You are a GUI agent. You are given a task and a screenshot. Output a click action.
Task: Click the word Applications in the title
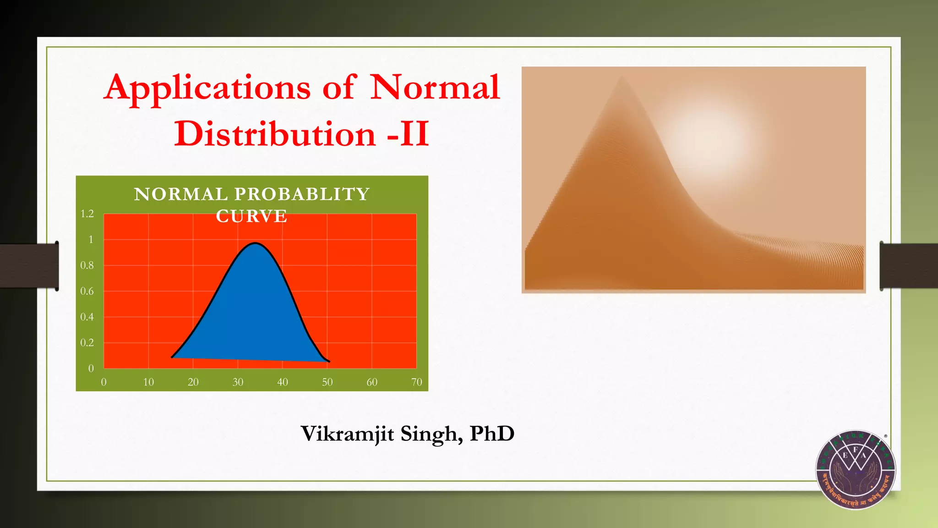tap(207, 88)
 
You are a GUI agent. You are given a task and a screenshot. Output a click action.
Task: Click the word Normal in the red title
tap(434, 87)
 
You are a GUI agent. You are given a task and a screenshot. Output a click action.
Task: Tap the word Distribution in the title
tap(275, 134)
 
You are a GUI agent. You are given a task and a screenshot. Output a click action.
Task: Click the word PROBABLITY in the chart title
tap(302, 194)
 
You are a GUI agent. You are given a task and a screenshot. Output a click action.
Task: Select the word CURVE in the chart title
tap(251, 216)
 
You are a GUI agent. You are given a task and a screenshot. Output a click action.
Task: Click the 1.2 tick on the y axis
tap(87, 214)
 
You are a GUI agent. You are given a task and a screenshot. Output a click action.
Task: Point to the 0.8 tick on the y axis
tap(87, 265)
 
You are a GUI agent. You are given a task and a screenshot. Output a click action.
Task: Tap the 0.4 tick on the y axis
tap(87, 317)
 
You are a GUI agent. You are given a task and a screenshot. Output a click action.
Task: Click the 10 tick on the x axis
tap(148, 382)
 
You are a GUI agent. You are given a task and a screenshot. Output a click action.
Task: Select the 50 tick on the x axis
tap(327, 382)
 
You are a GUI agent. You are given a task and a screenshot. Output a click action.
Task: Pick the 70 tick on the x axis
tap(416, 382)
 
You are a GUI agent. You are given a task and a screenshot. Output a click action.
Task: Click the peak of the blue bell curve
tap(255, 243)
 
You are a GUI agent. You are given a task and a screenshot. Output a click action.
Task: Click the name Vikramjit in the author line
tap(347, 434)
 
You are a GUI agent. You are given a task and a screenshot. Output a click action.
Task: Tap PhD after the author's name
tap(492, 434)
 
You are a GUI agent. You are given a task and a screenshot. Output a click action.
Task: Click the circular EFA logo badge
tap(855, 470)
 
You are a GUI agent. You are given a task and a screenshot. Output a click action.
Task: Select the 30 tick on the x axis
tap(238, 382)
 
